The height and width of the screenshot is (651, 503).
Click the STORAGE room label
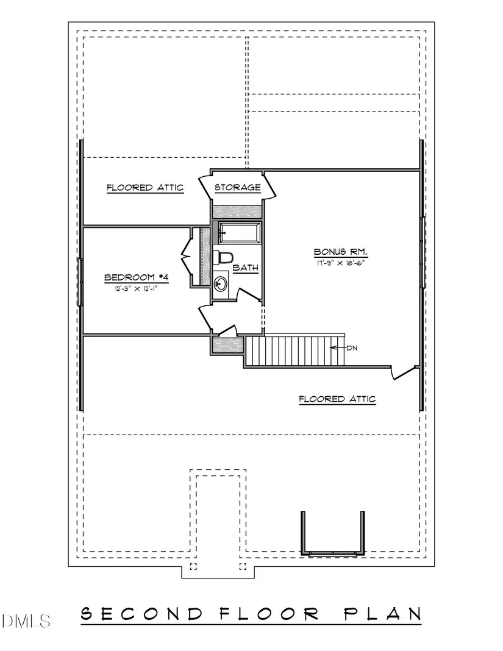238,187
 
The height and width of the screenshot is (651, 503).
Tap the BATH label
246,268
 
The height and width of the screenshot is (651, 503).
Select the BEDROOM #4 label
136,277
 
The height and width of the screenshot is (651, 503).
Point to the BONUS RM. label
341,252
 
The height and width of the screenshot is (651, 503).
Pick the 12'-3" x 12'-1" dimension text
136,288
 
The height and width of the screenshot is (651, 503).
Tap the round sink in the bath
220,284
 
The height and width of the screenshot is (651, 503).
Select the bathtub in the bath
240,233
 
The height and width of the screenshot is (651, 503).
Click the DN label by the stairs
352,348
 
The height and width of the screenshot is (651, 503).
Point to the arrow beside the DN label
338,348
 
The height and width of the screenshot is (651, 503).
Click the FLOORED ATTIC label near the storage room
145,188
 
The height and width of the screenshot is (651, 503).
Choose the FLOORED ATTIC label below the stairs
337,399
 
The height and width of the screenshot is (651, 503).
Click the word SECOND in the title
142,614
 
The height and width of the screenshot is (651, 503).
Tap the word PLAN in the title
383,614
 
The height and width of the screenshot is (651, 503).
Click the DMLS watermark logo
26,621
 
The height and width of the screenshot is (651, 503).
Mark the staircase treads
296,351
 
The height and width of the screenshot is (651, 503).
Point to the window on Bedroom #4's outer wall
80,282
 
